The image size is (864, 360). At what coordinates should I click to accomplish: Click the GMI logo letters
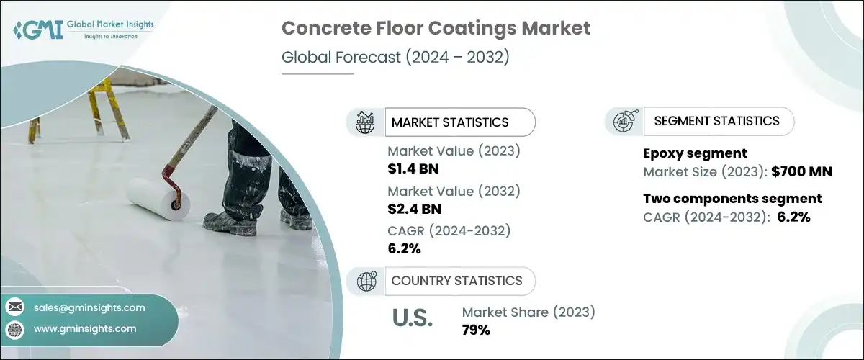point(38,30)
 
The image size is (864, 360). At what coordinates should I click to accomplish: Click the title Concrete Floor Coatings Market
point(436,28)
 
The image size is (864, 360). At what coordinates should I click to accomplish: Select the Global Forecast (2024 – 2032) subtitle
point(395,57)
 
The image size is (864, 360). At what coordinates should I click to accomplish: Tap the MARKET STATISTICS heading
point(450,122)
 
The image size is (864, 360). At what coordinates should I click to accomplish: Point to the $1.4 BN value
point(413,168)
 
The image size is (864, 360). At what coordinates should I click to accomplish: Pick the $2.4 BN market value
point(414,209)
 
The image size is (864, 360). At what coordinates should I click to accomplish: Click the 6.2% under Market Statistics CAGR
point(404,248)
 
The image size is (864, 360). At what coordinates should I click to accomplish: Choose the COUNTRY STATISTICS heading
point(456,281)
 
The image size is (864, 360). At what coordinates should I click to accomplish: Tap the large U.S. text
point(413,318)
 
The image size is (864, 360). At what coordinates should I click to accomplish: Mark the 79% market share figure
point(476,330)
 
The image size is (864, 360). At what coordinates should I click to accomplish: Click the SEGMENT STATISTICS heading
point(716,121)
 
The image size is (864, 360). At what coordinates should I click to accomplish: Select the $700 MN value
point(801,171)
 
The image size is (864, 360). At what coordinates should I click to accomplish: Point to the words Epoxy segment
point(695,153)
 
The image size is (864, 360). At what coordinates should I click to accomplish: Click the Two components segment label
point(732,199)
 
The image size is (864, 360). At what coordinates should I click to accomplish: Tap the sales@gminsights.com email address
point(89,307)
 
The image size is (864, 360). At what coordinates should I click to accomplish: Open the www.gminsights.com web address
point(85,329)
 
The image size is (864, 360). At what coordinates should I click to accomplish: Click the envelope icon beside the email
point(15,307)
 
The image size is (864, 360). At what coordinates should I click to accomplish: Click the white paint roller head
point(158,199)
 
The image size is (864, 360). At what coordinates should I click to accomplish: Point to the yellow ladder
point(80,111)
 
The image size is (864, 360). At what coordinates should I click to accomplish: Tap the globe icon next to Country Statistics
point(366,281)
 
